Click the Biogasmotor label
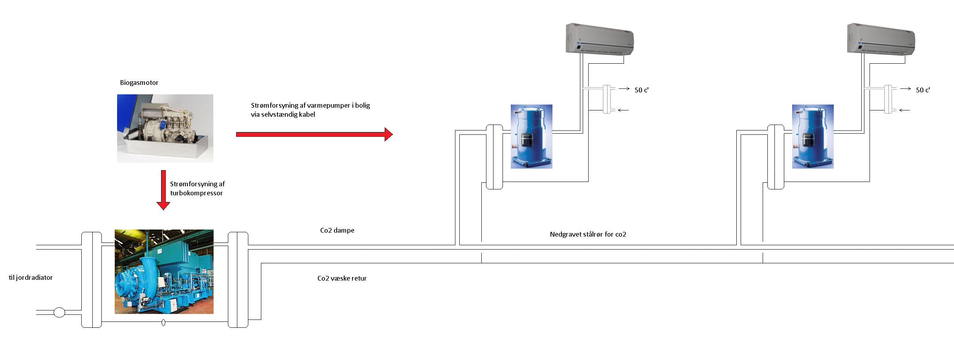[x=139, y=83]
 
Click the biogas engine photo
[x=165, y=129]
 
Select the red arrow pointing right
[x=314, y=134]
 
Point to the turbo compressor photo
[x=164, y=272]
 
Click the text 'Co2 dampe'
[x=337, y=230]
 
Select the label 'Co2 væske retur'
[x=342, y=278]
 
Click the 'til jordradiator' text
[x=31, y=277]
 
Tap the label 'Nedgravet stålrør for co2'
[x=588, y=234]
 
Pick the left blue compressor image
[x=531, y=136]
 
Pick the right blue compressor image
[x=813, y=136]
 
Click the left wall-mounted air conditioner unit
[x=600, y=39]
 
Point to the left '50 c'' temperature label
[x=642, y=90]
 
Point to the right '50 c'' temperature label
[x=923, y=90]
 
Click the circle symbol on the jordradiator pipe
[x=59, y=312]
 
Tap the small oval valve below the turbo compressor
[x=163, y=323]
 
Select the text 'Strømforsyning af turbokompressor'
[x=197, y=188]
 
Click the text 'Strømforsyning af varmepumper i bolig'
[x=310, y=105]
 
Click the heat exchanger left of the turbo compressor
[x=92, y=279]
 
